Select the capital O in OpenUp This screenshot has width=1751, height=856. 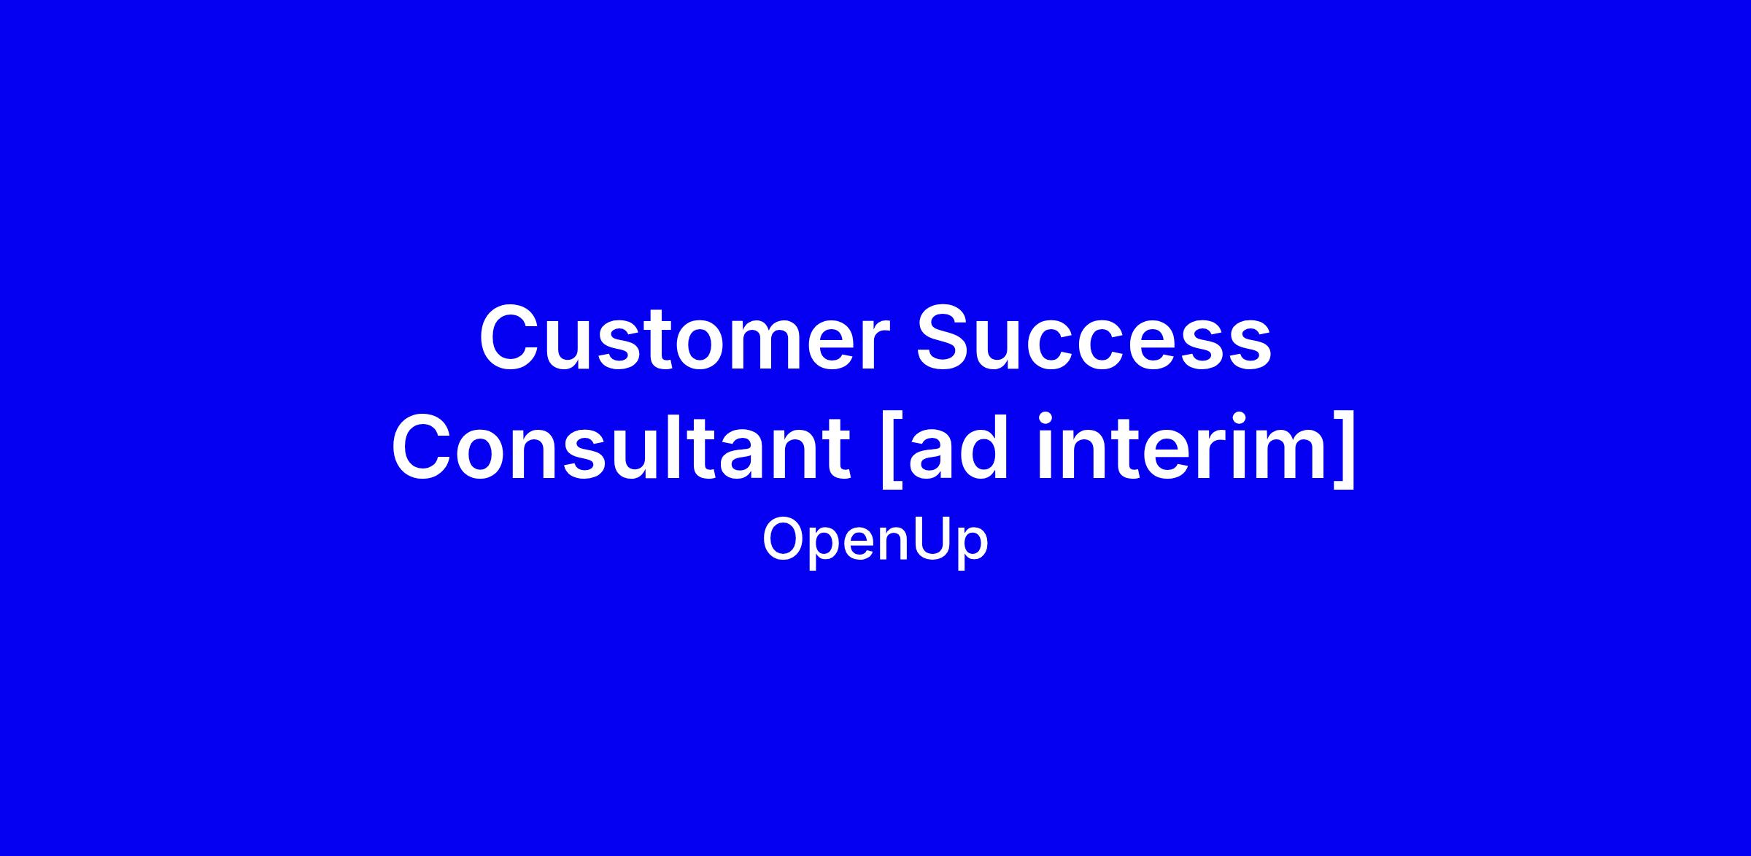coord(785,540)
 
